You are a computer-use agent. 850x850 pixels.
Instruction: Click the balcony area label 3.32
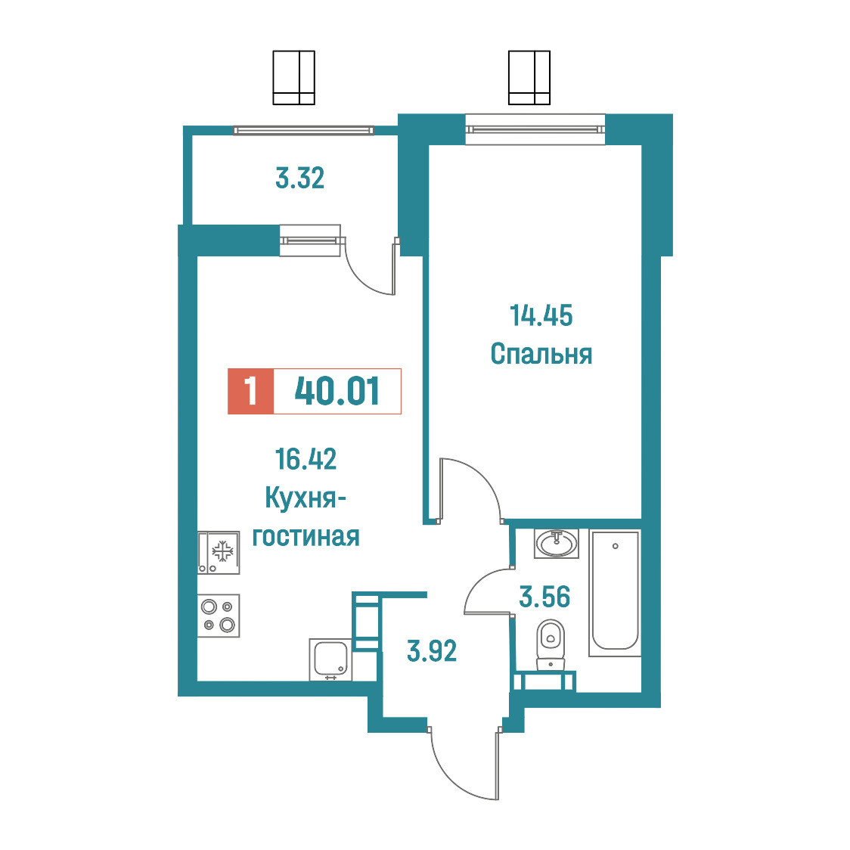click(x=299, y=178)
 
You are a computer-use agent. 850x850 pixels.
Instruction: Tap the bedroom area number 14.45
click(x=541, y=315)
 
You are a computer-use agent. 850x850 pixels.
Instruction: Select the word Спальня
click(x=541, y=354)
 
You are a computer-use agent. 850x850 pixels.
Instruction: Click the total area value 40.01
click(x=337, y=391)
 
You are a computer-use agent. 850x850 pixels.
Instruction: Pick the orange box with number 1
click(x=250, y=391)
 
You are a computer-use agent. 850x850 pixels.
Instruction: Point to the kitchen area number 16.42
click(x=306, y=458)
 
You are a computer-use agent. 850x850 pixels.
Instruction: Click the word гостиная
click(x=306, y=537)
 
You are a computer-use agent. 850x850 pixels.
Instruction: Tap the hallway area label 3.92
click(x=432, y=650)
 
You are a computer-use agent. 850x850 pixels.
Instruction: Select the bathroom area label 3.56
click(x=544, y=597)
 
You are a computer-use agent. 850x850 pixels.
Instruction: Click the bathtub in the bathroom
click(x=615, y=593)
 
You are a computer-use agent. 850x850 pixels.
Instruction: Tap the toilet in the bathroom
click(x=551, y=646)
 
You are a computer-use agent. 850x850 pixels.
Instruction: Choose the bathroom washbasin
click(x=556, y=544)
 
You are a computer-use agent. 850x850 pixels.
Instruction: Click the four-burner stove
click(x=218, y=616)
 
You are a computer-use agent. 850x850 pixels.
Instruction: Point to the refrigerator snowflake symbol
click(x=222, y=552)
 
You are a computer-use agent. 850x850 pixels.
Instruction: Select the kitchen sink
click(x=330, y=659)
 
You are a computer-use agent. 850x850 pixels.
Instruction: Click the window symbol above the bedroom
click(x=529, y=78)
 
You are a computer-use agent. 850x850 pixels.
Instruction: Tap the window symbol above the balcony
click(x=294, y=78)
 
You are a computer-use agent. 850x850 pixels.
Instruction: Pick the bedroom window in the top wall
click(x=535, y=129)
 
